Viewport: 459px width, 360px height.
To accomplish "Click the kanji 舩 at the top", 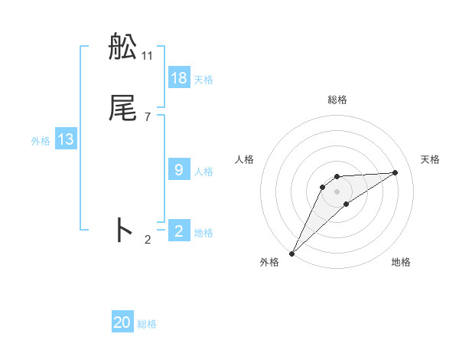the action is [x=123, y=47].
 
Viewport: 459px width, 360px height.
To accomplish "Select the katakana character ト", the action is [x=123, y=230].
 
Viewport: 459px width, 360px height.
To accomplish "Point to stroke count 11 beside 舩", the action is [x=148, y=55].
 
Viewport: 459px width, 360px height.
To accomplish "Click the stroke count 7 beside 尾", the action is [x=148, y=116].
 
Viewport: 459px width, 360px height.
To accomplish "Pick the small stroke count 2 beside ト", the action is [x=148, y=240].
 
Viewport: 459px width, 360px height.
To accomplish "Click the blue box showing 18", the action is [x=179, y=77].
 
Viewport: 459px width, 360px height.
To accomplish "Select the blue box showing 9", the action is [x=179, y=169].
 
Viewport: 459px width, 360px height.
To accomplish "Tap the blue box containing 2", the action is [x=179, y=231].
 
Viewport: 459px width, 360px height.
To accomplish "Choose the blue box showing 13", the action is [x=66, y=139].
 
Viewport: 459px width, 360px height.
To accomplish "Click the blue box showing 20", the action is [x=122, y=322].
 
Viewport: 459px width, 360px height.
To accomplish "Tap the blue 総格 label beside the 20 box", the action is [x=147, y=324].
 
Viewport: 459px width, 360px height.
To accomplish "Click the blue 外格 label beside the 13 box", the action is [x=41, y=141].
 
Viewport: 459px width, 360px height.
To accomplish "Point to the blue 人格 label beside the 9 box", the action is [x=203, y=172].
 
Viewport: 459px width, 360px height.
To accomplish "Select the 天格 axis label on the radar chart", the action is [x=431, y=159].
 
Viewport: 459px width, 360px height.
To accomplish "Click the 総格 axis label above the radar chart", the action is [x=337, y=100].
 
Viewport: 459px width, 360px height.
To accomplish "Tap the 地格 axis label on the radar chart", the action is [x=401, y=262].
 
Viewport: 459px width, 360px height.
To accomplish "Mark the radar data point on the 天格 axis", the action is [x=396, y=172].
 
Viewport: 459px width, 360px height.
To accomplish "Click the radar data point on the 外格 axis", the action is [x=291, y=254].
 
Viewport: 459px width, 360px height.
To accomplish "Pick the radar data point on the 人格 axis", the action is [x=323, y=187].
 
